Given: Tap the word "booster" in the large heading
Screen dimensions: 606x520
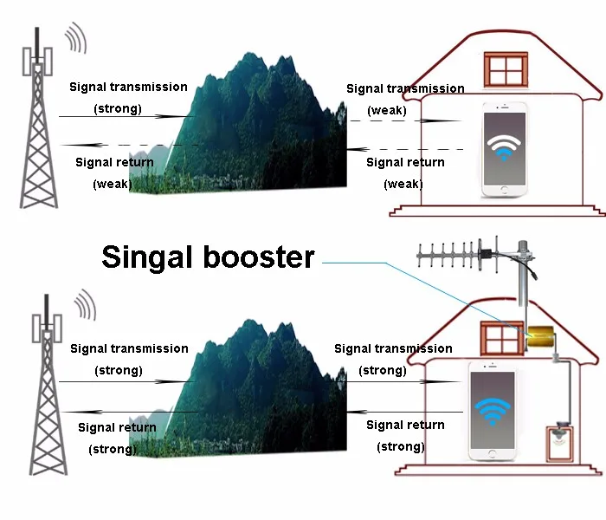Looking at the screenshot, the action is click(259, 257).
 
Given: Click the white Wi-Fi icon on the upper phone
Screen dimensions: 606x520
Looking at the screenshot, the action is click(504, 147).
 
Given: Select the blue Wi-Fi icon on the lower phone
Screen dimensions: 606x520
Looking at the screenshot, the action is click(493, 412).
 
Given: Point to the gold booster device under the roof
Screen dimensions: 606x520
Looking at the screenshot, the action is click(541, 336).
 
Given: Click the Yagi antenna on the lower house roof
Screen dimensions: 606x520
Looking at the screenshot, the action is click(476, 256).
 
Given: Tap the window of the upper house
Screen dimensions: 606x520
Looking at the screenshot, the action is click(506, 69).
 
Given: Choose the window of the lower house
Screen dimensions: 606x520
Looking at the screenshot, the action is click(502, 338).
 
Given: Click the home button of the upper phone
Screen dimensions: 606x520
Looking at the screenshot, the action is click(504, 190).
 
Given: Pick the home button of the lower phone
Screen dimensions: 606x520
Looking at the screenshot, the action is click(492, 454).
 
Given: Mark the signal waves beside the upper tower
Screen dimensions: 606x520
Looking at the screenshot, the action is click(75, 37).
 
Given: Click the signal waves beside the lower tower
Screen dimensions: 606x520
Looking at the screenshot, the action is click(85, 304).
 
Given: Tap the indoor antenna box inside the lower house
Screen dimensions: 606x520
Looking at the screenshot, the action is click(559, 444).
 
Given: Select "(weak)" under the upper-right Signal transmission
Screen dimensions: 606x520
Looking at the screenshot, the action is click(387, 111).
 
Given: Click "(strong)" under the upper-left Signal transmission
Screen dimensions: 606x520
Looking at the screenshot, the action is click(118, 108).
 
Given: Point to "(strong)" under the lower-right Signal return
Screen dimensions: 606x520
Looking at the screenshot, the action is click(401, 447).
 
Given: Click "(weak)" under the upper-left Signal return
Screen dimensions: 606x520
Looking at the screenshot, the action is click(113, 184).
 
